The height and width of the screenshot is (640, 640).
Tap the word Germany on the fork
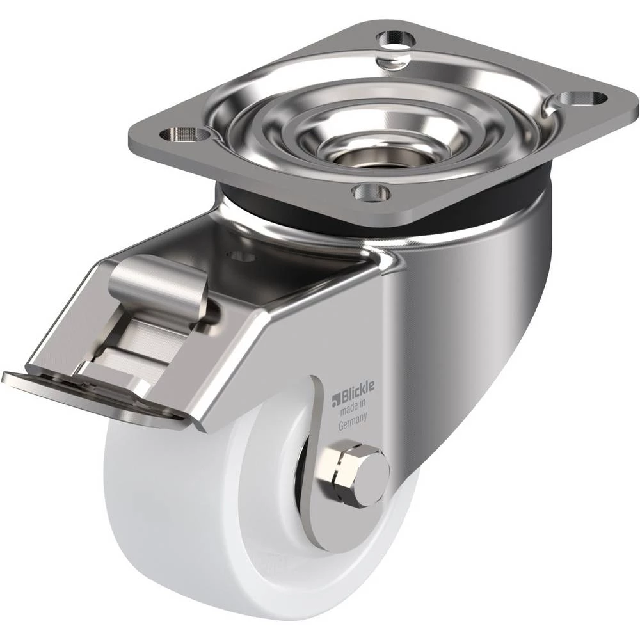pos(353,421)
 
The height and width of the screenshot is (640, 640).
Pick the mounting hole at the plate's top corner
pos(395,39)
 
